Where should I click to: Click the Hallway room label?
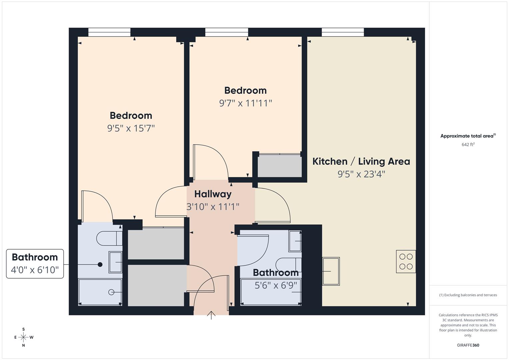pyautogui.click(x=213, y=194)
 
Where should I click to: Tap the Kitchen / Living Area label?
pyautogui.click(x=361, y=161)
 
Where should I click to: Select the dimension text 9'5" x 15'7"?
pyautogui.click(x=131, y=128)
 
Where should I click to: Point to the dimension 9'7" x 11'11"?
pyautogui.click(x=245, y=103)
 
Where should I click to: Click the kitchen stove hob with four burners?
pyautogui.click(x=406, y=261)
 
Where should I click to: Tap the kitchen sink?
pyautogui.click(x=331, y=271)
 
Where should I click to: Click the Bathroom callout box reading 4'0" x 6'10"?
pyautogui.click(x=35, y=263)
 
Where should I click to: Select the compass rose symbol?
pyautogui.click(x=23, y=337)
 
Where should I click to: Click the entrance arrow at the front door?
pyautogui.click(x=211, y=315)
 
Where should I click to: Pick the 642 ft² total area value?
pyautogui.click(x=468, y=144)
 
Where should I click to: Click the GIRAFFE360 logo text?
pyautogui.click(x=468, y=345)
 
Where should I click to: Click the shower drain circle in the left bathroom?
pyautogui.click(x=111, y=292)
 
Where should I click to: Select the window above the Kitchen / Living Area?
pyautogui.click(x=343, y=32)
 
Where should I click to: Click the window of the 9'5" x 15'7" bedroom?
pyautogui.click(x=109, y=32)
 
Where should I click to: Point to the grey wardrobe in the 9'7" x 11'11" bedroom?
pyautogui.click(x=279, y=166)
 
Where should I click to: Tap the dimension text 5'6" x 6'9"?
pyautogui.click(x=276, y=285)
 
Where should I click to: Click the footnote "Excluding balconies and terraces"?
pyautogui.click(x=468, y=295)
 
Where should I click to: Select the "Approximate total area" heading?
pyautogui.click(x=468, y=136)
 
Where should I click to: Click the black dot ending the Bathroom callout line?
pyautogui.click(x=100, y=264)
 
